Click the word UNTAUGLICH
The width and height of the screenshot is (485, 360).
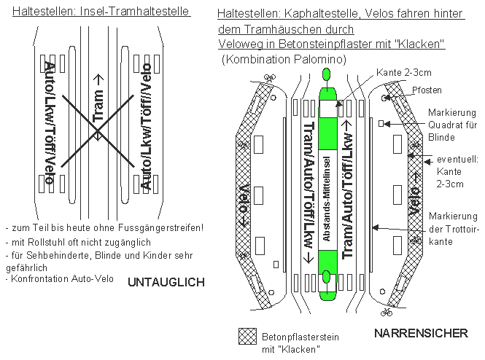click(x=167, y=282)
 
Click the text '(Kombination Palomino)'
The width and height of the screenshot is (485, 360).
click(x=283, y=58)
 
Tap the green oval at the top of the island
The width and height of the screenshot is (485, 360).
click(x=326, y=74)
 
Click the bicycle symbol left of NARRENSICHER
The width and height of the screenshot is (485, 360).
click(x=386, y=313)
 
